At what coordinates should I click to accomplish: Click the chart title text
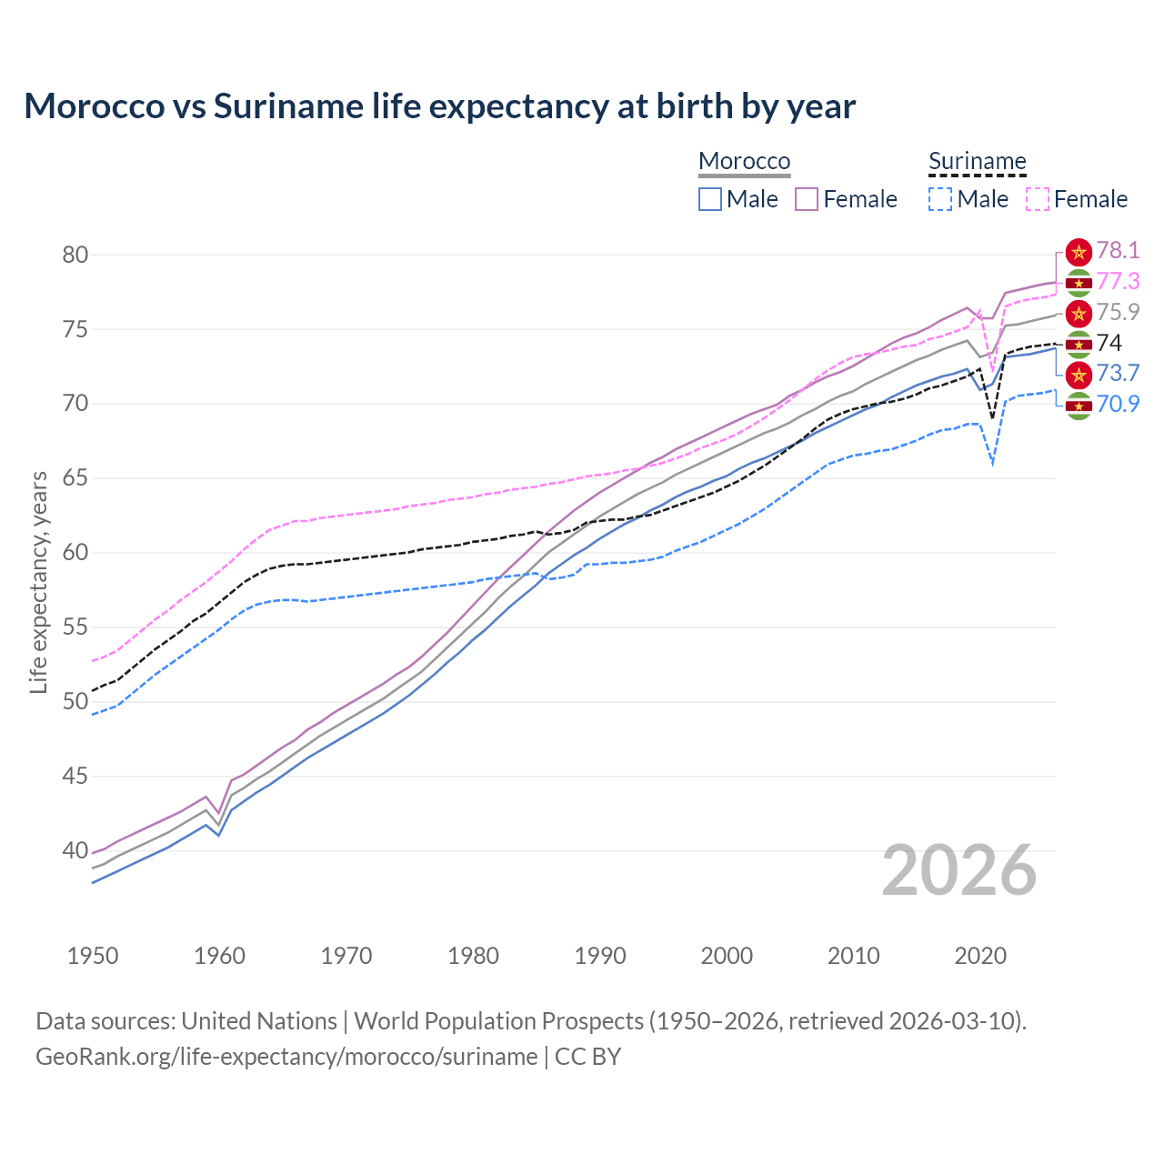(439, 106)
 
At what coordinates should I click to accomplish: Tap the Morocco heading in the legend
(744, 161)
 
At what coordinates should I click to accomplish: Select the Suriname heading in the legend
(977, 161)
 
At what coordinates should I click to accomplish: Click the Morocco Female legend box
(807, 199)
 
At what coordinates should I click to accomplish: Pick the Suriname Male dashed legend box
(940, 199)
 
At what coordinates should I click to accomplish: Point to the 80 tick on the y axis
(75, 255)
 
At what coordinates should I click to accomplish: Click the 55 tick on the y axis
(75, 627)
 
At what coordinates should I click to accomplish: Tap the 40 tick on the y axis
(75, 851)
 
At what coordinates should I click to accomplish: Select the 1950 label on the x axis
(93, 956)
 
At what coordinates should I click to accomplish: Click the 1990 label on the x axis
(600, 956)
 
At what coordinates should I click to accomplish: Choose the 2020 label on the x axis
(980, 956)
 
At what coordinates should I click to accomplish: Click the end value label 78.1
(1118, 250)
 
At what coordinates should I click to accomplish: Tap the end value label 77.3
(1118, 282)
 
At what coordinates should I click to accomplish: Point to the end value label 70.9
(1118, 404)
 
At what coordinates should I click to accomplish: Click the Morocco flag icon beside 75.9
(1079, 314)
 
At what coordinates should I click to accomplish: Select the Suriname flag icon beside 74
(1079, 344)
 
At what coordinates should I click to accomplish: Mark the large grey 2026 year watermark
(959, 870)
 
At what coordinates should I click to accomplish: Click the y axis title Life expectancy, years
(38, 582)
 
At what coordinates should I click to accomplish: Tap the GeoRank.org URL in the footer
(286, 1057)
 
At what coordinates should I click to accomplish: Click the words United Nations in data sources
(259, 1021)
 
